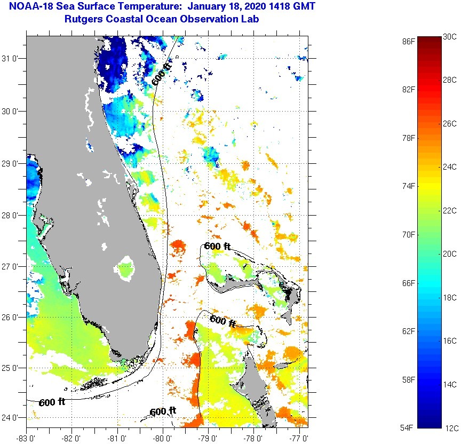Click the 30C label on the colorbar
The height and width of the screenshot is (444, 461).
450,36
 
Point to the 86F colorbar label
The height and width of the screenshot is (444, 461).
409,41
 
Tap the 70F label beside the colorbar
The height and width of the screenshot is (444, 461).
409,234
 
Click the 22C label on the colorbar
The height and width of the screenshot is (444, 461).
450,210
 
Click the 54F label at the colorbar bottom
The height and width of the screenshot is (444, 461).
409,427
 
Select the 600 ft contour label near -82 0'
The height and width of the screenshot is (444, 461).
52,402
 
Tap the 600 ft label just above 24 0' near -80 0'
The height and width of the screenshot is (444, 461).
163,411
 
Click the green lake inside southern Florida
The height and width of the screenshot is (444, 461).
126,267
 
